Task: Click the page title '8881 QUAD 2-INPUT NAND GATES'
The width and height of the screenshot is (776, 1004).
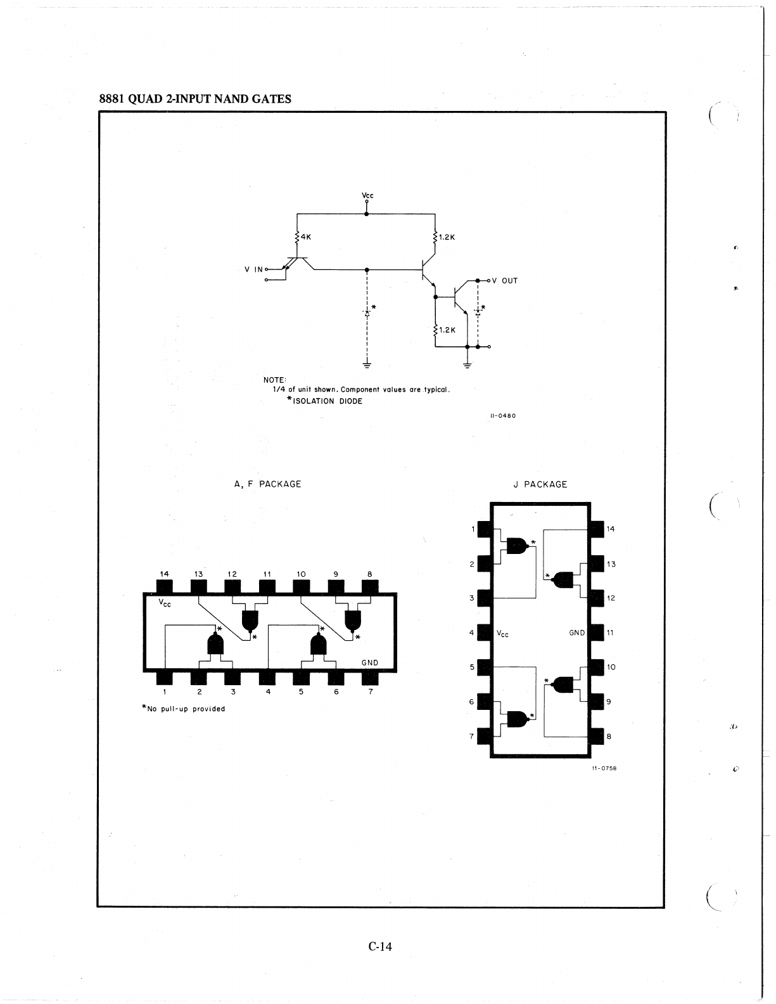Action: [x=195, y=99]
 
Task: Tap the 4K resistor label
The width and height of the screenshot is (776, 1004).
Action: [x=306, y=236]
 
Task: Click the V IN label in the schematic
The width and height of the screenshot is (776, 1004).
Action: [x=253, y=269]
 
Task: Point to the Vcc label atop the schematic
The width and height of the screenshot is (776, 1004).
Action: [x=367, y=195]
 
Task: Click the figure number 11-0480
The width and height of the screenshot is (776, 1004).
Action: [x=503, y=416]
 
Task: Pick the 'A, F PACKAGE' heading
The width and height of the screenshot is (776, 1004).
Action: [x=268, y=484]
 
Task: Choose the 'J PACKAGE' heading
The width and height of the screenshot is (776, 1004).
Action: [x=540, y=484]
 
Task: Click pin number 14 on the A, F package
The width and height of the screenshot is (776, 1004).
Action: [x=164, y=574]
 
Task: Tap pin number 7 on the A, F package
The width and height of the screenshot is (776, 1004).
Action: [x=371, y=692]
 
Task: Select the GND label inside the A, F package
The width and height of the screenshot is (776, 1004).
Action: [x=369, y=662]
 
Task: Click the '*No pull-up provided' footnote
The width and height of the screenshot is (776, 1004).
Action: [x=183, y=709]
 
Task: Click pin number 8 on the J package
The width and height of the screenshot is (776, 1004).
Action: [x=609, y=737]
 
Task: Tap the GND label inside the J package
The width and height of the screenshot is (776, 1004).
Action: [x=577, y=633]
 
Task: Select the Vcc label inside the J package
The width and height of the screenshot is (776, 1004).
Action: [x=502, y=633]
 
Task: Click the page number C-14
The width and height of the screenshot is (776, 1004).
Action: [x=380, y=946]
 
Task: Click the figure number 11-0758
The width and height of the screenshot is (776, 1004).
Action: [x=605, y=768]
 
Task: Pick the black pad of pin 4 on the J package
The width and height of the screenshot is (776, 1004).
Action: [x=484, y=633]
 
